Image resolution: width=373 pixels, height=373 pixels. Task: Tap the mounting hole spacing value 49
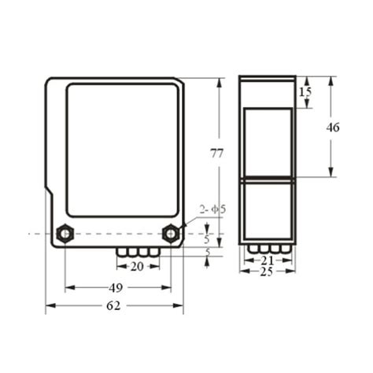[116, 287]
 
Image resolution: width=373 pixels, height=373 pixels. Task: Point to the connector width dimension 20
[137, 266]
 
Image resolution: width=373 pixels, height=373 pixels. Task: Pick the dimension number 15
[306, 92]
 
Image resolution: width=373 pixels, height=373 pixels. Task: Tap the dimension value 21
[267, 260]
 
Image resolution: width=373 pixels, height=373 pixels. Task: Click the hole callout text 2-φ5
[212, 209]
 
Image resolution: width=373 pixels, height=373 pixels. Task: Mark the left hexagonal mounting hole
[63, 233]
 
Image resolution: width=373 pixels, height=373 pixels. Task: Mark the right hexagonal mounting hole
[169, 233]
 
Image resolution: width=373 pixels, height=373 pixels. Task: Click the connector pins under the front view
[138, 253]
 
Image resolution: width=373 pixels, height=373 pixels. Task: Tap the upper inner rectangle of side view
[268, 140]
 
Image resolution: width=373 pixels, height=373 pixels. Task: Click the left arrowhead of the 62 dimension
[49, 305]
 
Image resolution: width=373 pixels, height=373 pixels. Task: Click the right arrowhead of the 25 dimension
[293, 271]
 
